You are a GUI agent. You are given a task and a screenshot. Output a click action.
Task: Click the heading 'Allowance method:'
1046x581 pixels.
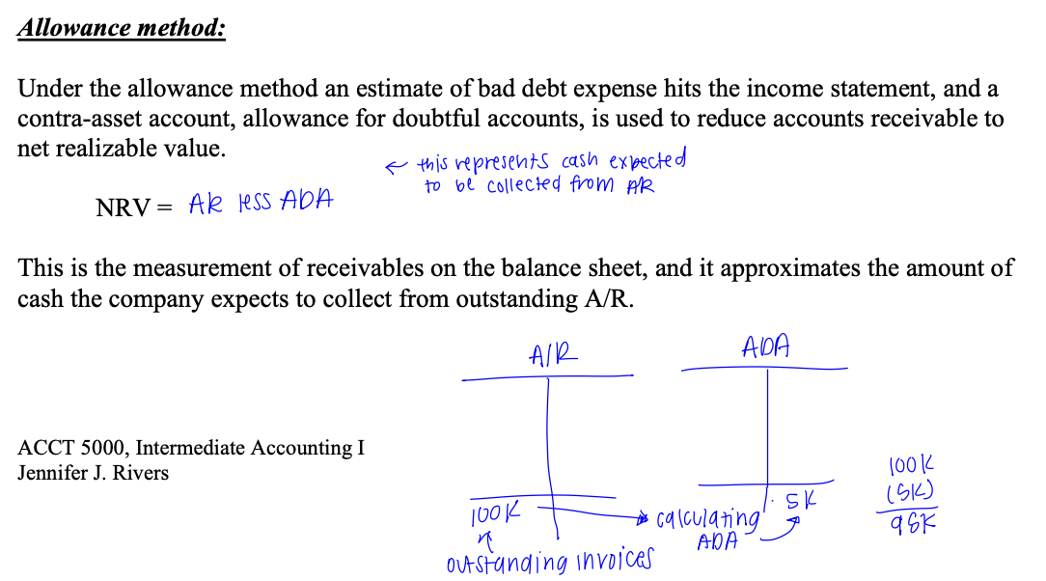pos(122,27)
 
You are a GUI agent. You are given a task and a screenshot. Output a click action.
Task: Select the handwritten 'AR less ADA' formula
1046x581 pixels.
pos(261,203)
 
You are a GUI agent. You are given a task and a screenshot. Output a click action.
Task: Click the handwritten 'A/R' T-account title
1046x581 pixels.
pos(554,355)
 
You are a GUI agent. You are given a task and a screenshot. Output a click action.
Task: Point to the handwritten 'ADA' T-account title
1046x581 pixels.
pos(766,346)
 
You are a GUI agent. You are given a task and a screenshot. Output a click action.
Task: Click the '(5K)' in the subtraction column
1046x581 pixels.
pos(913,495)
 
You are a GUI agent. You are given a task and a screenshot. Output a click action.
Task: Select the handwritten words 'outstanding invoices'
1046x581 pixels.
pos(548,559)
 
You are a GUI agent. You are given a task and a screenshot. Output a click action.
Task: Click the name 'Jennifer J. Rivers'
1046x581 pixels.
pos(93,473)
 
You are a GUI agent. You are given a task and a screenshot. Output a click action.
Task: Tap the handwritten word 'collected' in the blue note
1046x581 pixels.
pos(523,183)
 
